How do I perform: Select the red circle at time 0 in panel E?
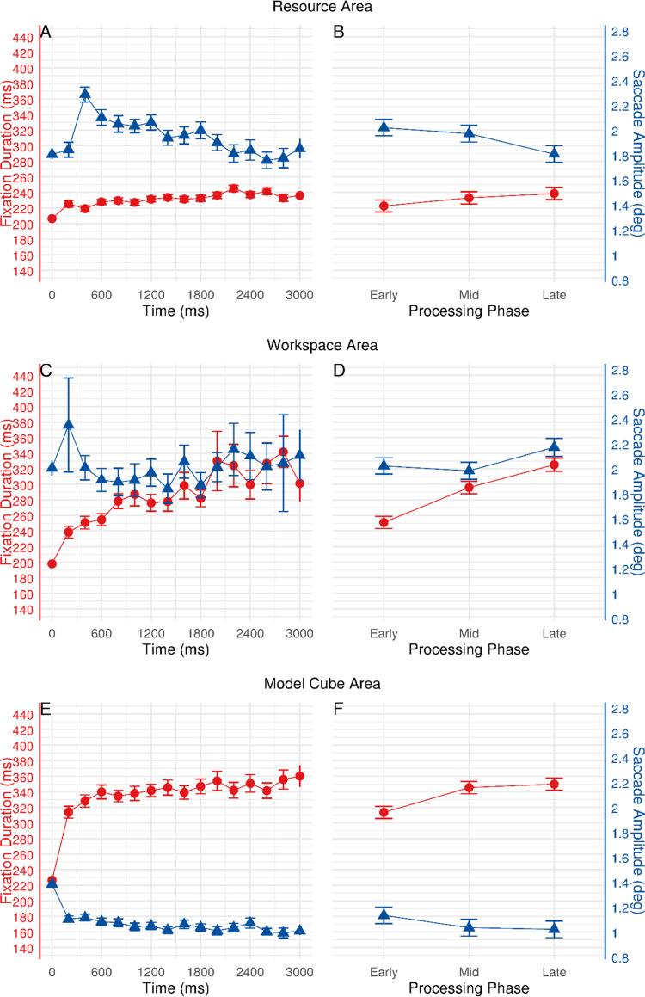point(52,880)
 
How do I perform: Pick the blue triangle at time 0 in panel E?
point(52,883)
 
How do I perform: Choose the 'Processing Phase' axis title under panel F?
point(469,988)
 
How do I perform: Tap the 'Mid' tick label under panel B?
point(469,295)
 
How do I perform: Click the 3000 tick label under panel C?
point(299,633)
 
